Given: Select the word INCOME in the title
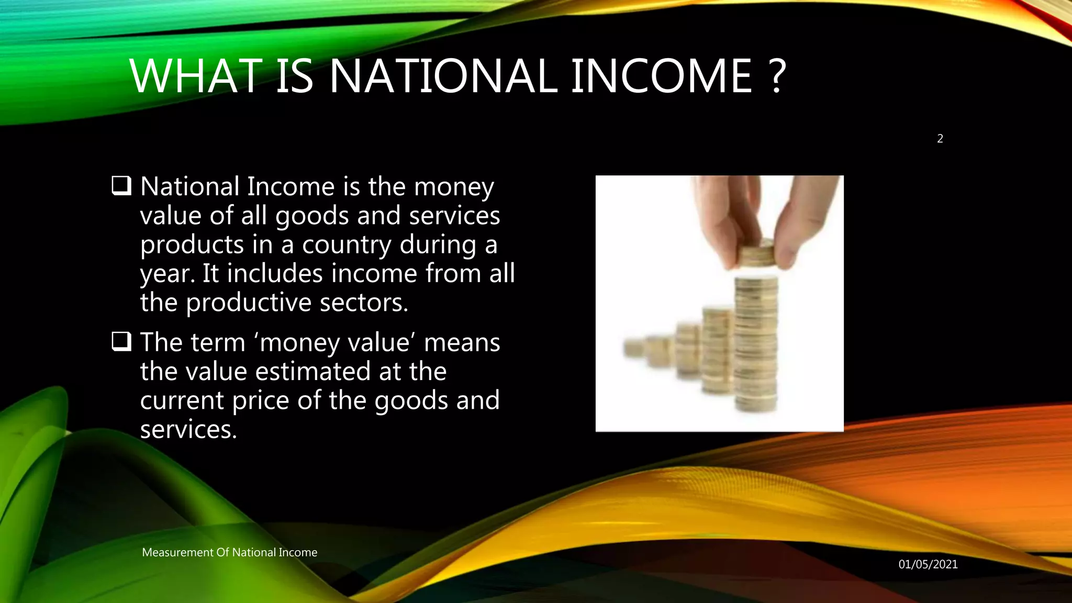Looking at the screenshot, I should tap(661, 76).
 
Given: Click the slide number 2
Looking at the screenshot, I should tap(940, 139).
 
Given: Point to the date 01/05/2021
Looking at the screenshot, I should tap(928, 564).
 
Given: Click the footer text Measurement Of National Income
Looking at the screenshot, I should tap(229, 552).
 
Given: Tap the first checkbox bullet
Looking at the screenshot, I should tap(121, 186).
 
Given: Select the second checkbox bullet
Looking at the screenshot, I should tap(121, 342).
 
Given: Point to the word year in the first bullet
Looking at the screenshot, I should tap(167, 274).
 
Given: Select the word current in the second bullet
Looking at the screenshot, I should tap(182, 401).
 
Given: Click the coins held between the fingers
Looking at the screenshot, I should tap(756, 254).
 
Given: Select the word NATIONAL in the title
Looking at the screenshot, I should tap(443, 76).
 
